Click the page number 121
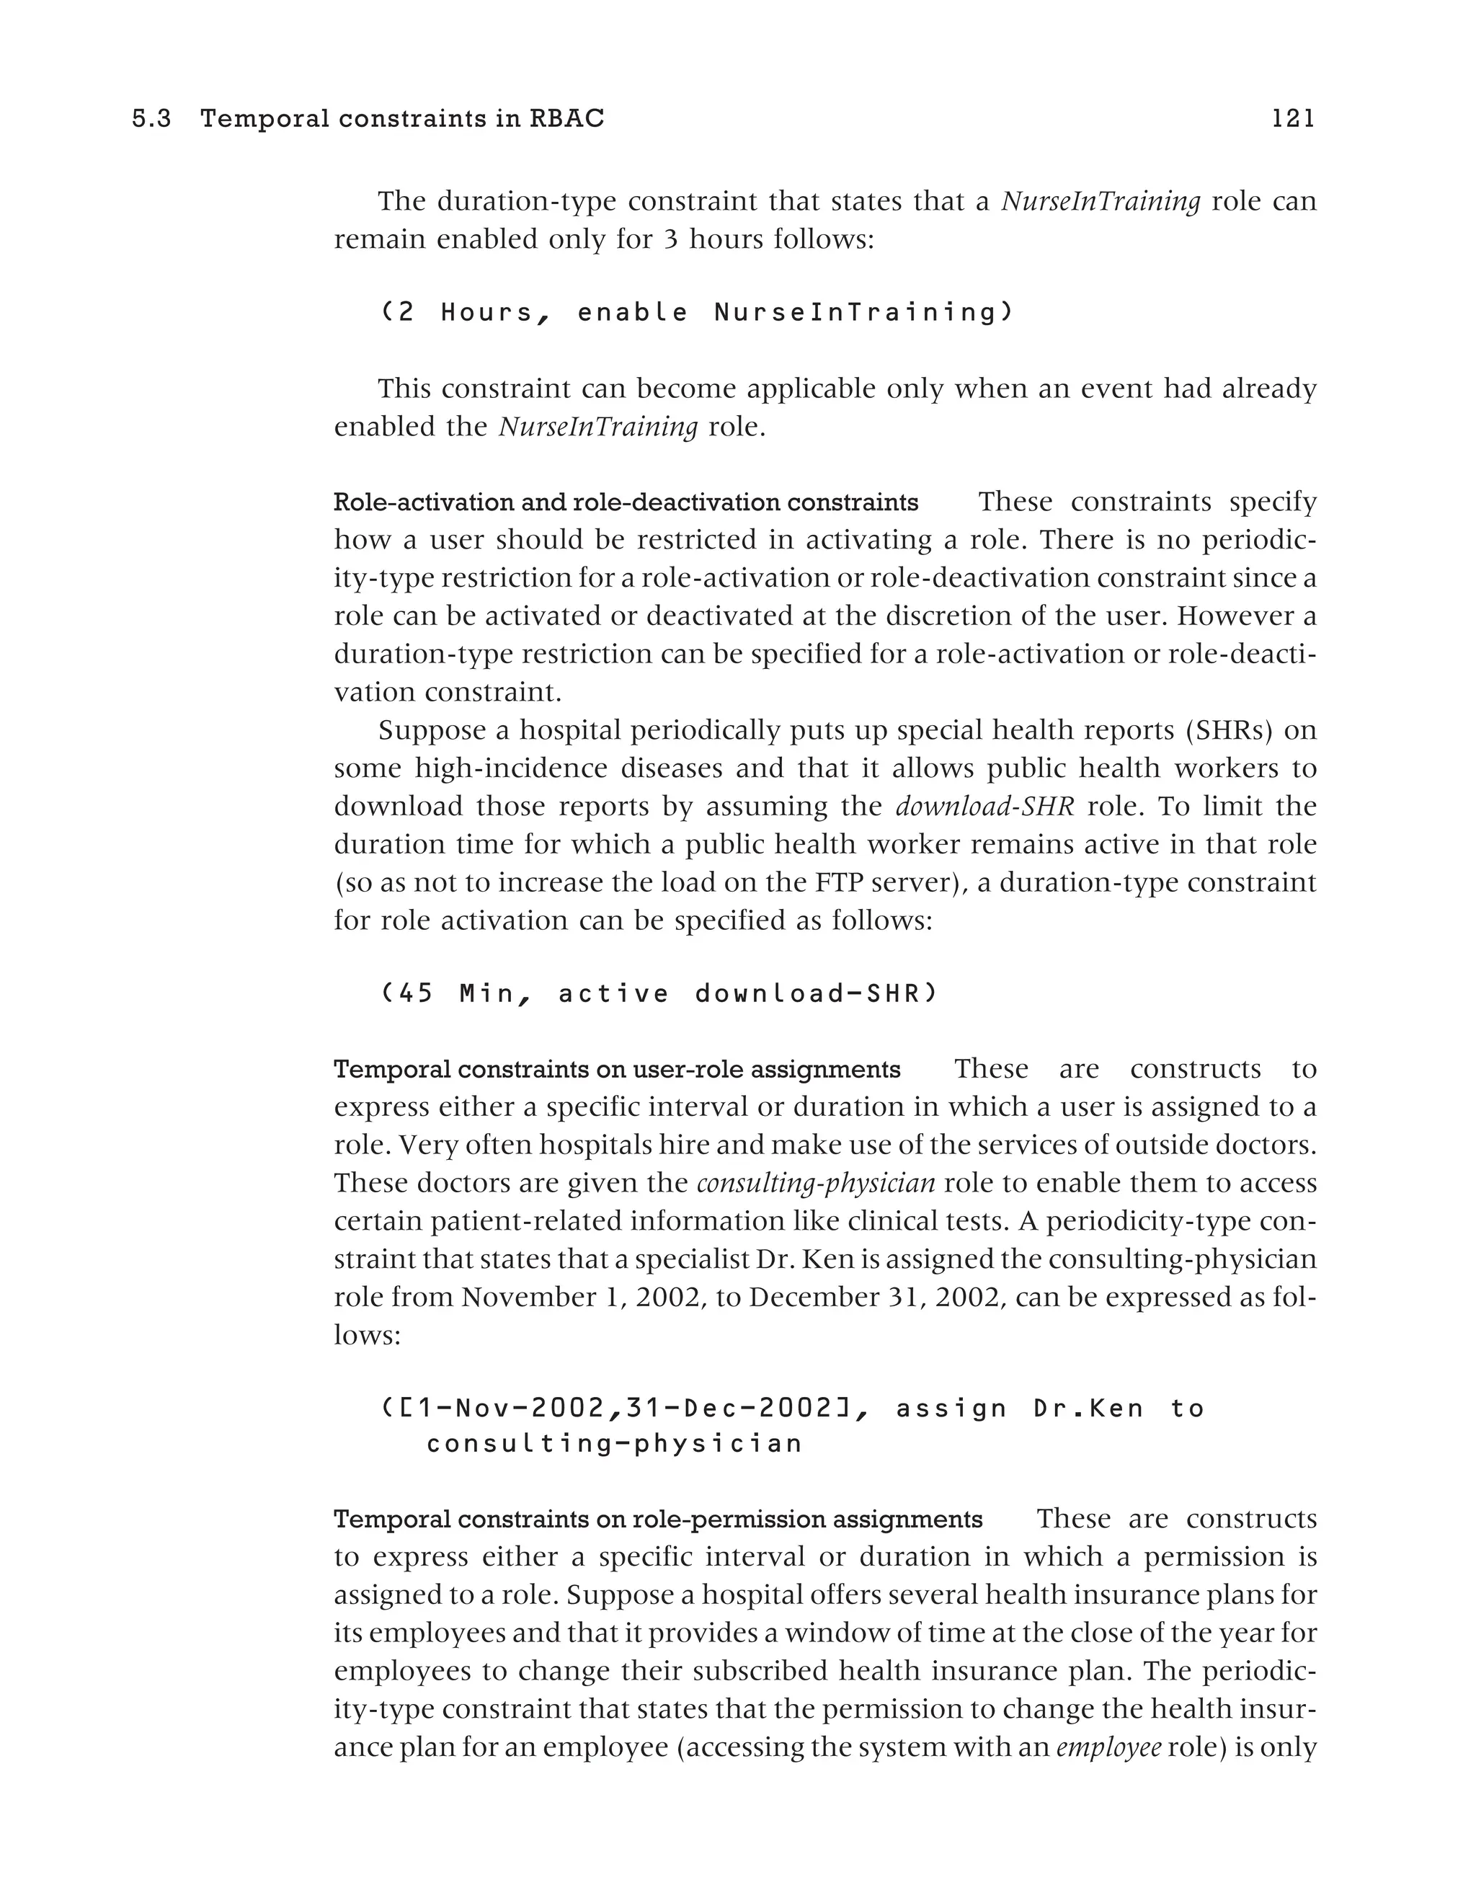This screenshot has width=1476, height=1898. (x=1293, y=119)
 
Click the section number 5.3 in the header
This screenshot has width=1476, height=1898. (x=152, y=119)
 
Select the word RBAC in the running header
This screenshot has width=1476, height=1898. (x=566, y=119)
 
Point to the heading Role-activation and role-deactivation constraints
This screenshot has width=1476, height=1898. (x=626, y=502)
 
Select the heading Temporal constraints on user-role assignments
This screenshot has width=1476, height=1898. (x=617, y=1069)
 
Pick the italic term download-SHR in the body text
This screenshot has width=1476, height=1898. (x=984, y=807)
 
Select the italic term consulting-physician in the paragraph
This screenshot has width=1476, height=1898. (x=816, y=1183)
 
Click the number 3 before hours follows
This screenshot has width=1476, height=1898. (x=670, y=240)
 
